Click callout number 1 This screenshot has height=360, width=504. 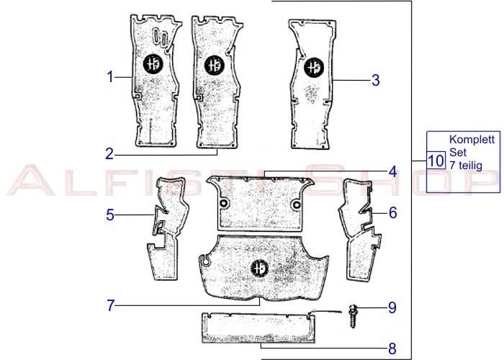coord(110,77)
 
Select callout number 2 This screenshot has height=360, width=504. coord(109,154)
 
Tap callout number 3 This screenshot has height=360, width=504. coord(375,80)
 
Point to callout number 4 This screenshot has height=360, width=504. coord(393,172)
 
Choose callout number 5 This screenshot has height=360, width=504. coord(110,215)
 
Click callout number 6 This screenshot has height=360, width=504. coord(393,212)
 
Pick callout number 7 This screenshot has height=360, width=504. coord(111,305)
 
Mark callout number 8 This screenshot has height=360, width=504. coord(392,348)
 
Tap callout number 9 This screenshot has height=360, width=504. coord(392,307)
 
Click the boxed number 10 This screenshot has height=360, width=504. coord(436,161)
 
